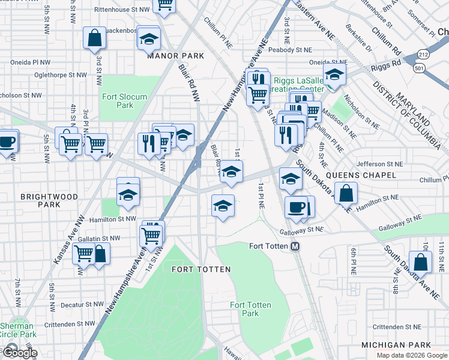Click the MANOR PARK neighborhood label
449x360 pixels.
click(x=175, y=55)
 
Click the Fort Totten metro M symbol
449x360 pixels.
click(x=295, y=246)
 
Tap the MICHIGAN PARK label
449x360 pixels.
click(x=396, y=345)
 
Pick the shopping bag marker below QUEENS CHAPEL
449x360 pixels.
click(x=346, y=193)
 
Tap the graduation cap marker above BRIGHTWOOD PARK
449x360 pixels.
click(x=127, y=194)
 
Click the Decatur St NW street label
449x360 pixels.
click(x=85, y=304)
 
